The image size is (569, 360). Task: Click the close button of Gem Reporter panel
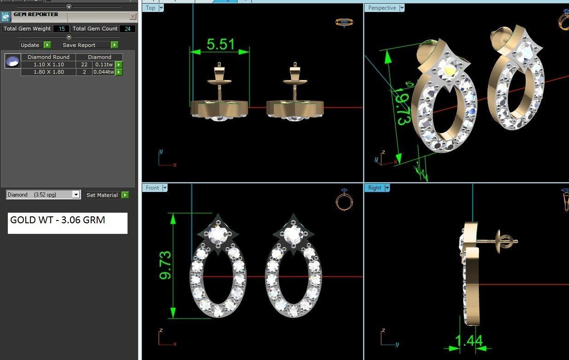click(x=133, y=17)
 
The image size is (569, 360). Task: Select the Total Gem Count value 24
click(x=128, y=29)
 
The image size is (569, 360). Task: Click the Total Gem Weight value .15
click(x=61, y=29)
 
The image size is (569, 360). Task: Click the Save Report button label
click(x=79, y=45)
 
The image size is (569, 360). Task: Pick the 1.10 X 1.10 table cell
click(x=48, y=65)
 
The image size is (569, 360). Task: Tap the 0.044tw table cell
click(x=104, y=72)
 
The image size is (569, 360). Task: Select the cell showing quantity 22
click(x=84, y=65)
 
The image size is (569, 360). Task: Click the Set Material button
click(x=102, y=195)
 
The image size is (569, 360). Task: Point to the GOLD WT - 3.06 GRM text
click(x=58, y=220)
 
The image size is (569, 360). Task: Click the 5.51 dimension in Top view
click(x=221, y=44)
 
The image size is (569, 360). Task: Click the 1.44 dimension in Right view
click(x=469, y=341)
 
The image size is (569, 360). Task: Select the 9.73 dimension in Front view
click(x=165, y=265)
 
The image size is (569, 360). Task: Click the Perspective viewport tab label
click(x=382, y=8)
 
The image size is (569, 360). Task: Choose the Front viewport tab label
click(x=152, y=188)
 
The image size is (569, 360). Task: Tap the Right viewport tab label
click(x=374, y=188)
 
